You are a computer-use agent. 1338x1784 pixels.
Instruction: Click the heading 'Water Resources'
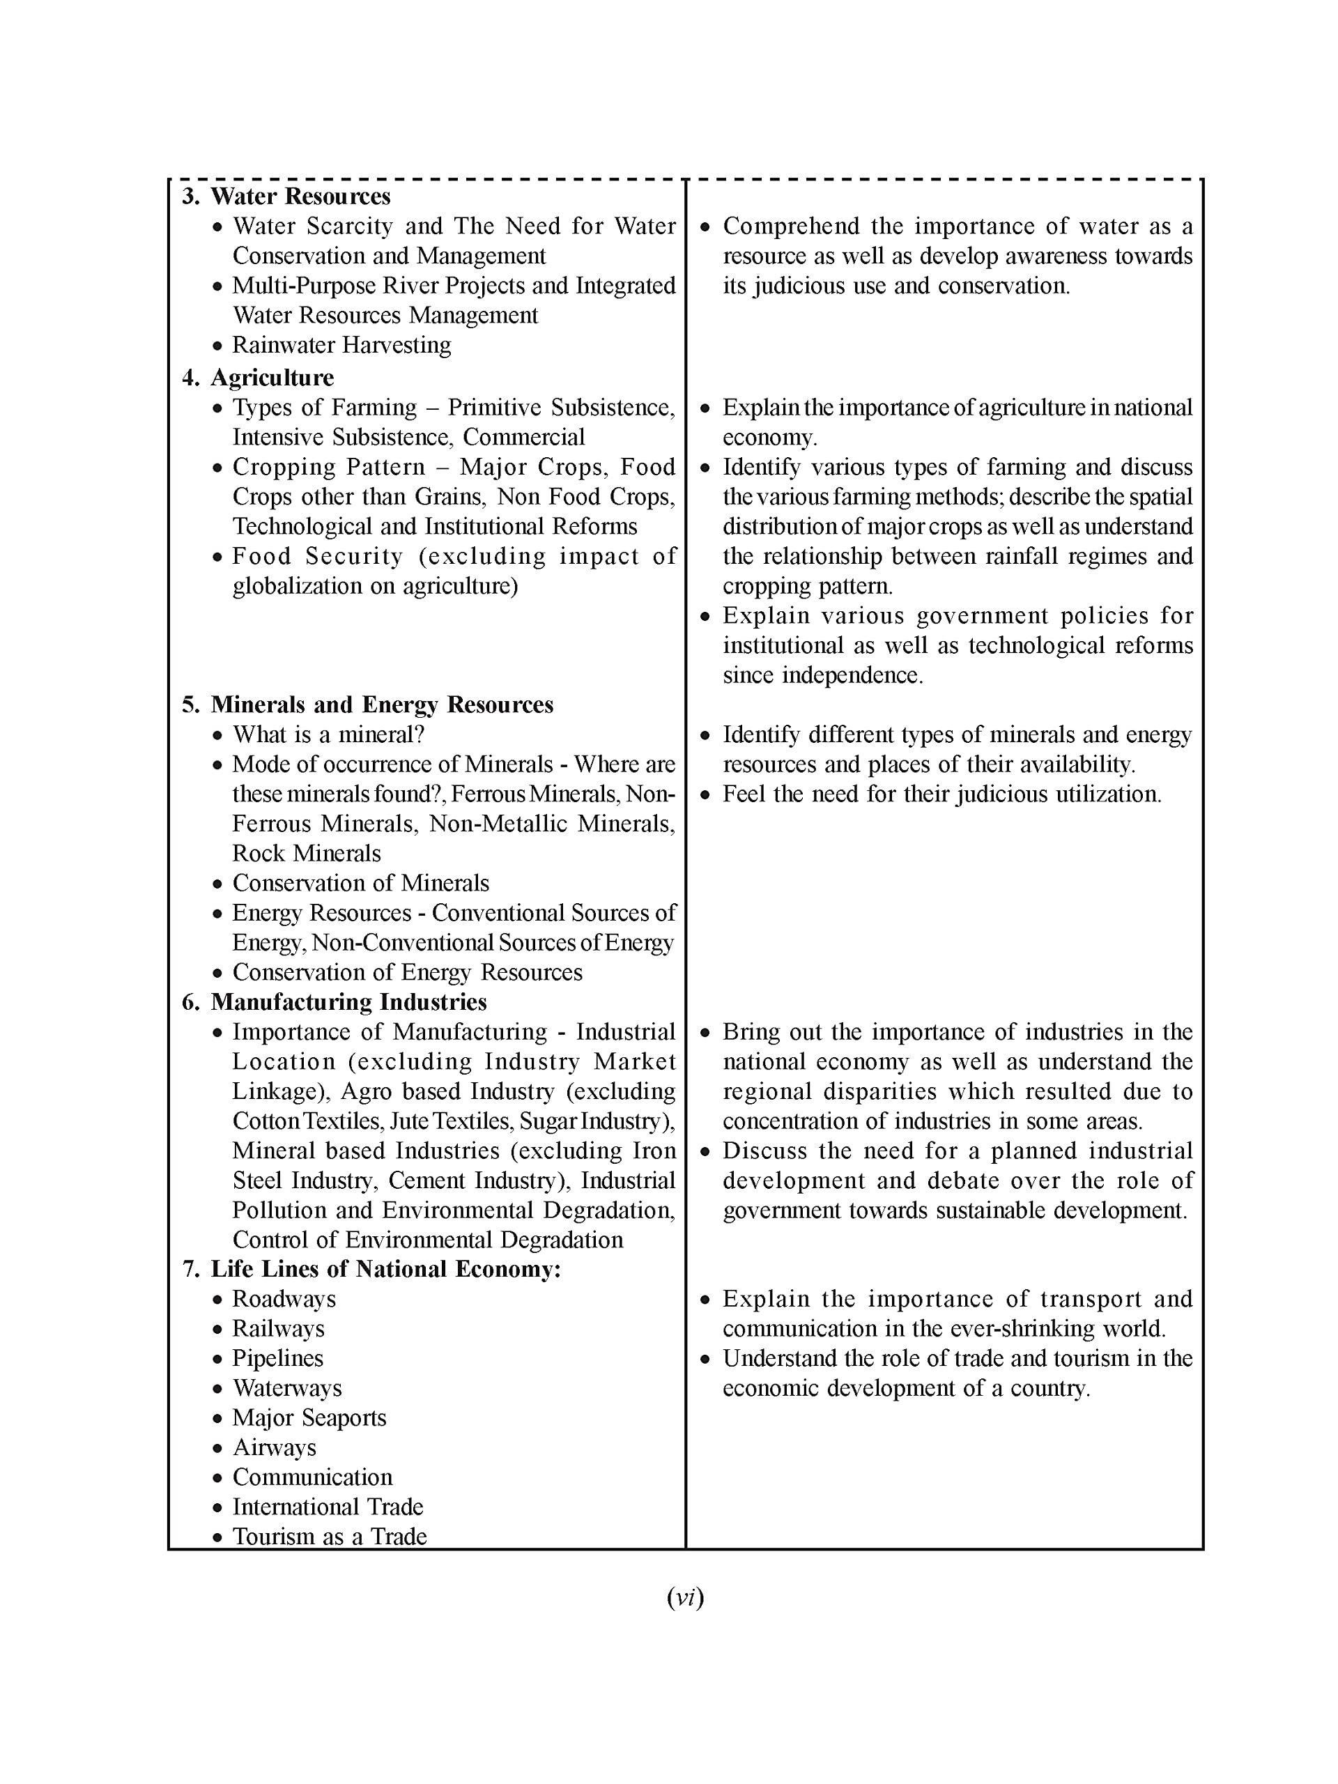tap(300, 196)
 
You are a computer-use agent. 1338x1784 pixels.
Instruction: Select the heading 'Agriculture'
tap(272, 378)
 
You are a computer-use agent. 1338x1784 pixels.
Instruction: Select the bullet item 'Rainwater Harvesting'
tap(341, 344)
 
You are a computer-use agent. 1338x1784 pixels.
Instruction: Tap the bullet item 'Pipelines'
tap(277, 1358)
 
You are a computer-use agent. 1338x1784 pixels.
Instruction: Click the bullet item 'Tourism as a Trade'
tap(329, 1537)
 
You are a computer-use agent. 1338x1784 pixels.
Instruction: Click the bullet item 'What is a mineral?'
tap(328, 734)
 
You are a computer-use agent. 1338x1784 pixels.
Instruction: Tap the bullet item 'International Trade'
tap(328, 1507)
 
